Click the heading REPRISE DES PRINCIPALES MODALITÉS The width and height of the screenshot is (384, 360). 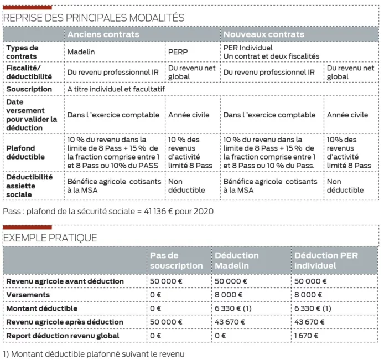click(94, 18)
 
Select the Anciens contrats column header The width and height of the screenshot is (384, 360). click(103, 34)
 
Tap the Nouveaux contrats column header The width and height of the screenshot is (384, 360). click(263, 34)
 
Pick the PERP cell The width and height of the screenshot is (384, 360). click(178, 52)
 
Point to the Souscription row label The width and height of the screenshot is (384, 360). click(29, 89)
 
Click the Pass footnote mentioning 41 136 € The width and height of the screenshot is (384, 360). click(108, 211)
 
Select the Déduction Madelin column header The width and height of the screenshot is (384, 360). click(237, 260)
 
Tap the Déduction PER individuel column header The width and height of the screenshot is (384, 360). click(323, 260)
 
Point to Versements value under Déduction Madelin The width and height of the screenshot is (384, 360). click(229, 295)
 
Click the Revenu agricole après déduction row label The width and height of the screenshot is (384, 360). click(65, 322)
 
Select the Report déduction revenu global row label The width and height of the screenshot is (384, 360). click(63, 336)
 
